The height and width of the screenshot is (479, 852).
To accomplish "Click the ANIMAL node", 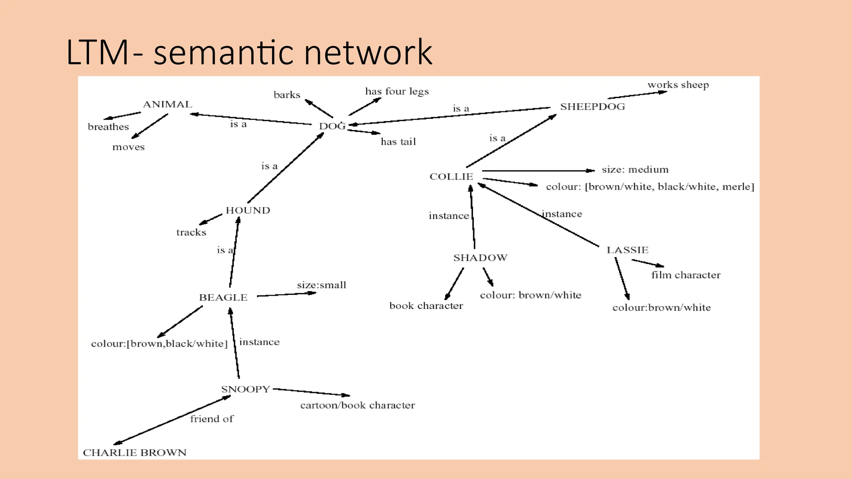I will point(168,104).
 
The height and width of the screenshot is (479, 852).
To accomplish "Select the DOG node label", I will point(332,126).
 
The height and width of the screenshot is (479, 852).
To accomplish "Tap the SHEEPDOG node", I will point(592,106).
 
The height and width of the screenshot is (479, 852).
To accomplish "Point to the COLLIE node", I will point(451,177).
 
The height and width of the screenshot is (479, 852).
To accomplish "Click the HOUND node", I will point(248,210).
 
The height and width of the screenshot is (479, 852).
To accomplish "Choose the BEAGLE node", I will point(223,298).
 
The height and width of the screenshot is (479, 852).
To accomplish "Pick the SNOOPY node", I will point(245,389).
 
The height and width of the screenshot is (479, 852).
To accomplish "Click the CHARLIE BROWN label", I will point(134,452).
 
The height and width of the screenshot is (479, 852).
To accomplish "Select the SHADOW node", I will point(480,258).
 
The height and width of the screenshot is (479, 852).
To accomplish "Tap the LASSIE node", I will point(627,250).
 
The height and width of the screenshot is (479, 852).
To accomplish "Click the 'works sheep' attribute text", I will point(678,85).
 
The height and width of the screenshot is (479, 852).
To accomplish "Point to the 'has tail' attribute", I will point(398,142).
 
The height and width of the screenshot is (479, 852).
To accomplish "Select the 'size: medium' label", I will point(635,170).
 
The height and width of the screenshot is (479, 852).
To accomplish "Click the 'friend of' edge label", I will point(212,419).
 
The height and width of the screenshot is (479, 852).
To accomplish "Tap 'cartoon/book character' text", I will point(357,405).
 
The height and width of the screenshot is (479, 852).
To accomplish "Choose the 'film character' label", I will point(686,275).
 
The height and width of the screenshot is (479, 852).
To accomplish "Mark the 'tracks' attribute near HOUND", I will point(191,232).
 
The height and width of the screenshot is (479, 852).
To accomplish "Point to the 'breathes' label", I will point(108,127).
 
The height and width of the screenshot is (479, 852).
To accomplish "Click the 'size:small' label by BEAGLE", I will point(321,285).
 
